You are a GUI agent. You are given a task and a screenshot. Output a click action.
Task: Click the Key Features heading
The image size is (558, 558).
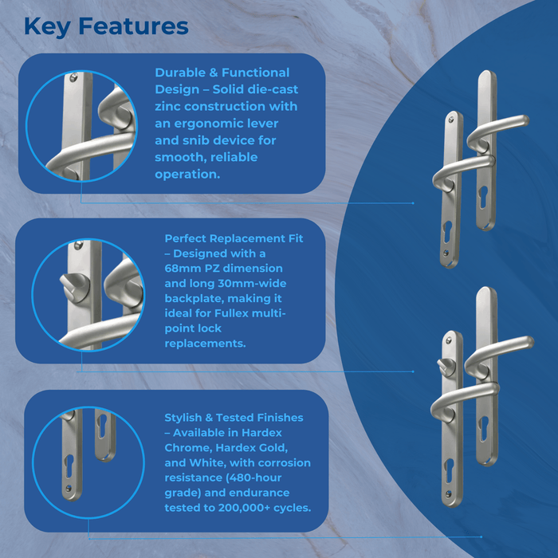106,26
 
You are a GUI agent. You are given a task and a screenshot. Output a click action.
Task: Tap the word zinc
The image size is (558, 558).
168,106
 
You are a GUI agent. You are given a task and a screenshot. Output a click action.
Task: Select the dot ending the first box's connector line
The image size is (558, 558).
413,203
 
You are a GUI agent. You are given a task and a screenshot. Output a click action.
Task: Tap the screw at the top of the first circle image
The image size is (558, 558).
74,77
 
